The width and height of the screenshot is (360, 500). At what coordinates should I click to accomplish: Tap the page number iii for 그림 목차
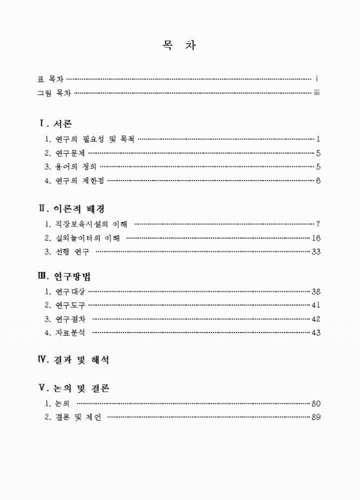click(317, 93)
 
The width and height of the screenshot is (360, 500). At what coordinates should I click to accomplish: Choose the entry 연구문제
click(64, 152)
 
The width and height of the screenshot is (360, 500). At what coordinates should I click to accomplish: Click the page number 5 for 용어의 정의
click(318, 167)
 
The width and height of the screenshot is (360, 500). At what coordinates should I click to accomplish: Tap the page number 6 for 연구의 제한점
click(318, 181)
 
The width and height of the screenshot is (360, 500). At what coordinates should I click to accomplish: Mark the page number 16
click(316, 237)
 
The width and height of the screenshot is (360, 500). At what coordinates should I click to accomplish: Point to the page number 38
click(316, 291)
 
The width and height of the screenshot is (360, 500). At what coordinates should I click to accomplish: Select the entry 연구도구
click(64, 305)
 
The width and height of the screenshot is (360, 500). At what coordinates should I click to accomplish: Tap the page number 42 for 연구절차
click(316, 319)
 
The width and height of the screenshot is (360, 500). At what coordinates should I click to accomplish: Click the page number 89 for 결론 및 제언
click(316, 417)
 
